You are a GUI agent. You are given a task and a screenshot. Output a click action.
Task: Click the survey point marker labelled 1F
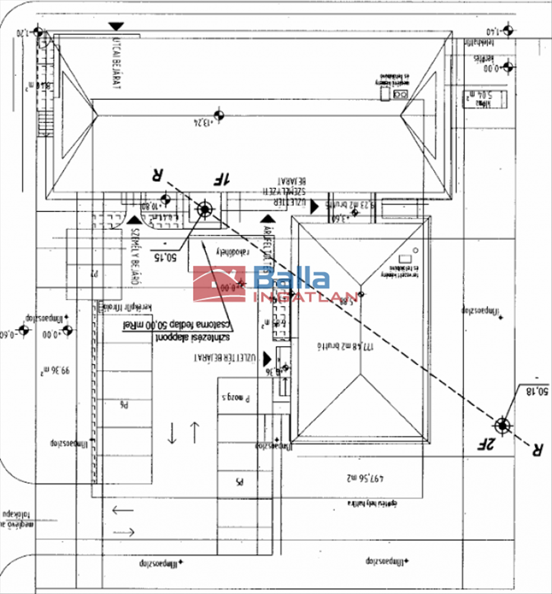[x=205, y=209]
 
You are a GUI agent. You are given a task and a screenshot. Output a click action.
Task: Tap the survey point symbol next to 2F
[x=503, y=424]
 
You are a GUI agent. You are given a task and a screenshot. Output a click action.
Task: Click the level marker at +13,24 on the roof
[x=218, y=115]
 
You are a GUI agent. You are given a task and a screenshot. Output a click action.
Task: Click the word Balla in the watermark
[x=292, y=278]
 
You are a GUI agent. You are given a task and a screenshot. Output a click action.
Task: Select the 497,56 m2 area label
[x=366, y=477]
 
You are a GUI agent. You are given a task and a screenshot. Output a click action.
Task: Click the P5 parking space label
[x=239, y=482]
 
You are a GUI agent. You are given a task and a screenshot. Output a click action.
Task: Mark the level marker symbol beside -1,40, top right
[x=507, y=31]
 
